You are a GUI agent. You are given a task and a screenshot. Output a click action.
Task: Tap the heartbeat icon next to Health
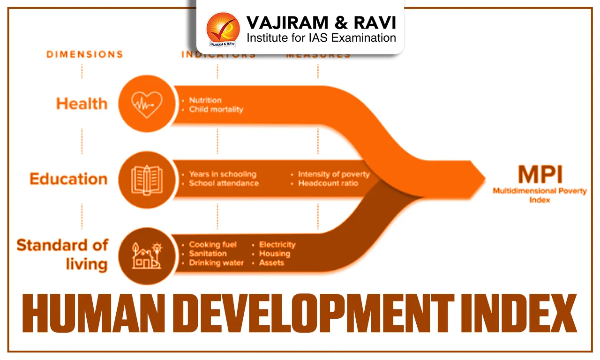tap(146, 103)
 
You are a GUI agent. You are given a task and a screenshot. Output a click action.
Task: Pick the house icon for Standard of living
tap(146, 256)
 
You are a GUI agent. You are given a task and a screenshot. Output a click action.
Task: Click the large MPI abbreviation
tap(540, 175)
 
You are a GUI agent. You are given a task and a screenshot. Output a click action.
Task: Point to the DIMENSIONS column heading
tap(85, 54)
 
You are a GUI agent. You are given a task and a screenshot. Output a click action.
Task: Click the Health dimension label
tap(82, 103)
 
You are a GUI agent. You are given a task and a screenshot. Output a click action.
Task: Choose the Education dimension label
tap(68, 179)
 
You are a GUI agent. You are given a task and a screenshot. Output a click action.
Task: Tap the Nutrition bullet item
tap(205, 100)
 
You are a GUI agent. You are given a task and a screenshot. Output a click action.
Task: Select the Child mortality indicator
tap(216, 109)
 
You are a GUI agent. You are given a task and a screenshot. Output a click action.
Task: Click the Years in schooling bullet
tap(223, 174)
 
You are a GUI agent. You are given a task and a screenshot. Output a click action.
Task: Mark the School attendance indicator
tap(224, 183)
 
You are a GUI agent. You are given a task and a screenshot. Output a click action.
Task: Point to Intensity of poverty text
tap(334, 174)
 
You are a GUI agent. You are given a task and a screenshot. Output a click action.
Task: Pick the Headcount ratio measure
tap(328, 183)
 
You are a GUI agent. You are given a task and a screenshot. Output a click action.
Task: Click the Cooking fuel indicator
tap(213, 245)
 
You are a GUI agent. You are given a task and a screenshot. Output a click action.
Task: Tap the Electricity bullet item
tap(277, 245)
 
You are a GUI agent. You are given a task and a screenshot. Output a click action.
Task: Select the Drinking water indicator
tap(216, 263)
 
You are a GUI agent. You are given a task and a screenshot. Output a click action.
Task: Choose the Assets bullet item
tap(272, 263)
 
